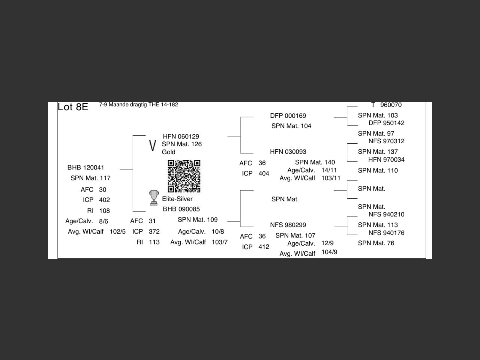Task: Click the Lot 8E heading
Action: [73, 107]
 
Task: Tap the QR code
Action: [184, 176]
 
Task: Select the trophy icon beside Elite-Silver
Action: [154, 198]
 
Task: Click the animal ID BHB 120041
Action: [86, 167]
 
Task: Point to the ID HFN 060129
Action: [181, 136]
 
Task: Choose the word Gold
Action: [169, 152]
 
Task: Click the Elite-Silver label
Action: [177, 199]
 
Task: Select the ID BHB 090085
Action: [181, 209]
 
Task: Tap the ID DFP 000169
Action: [288, 115]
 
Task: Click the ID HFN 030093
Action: [288, 152]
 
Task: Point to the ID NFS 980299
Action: [288, 225]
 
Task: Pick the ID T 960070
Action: [386, 105]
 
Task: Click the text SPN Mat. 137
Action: [378, 152]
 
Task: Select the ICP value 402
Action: [105, 200]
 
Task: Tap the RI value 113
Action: [154, 242]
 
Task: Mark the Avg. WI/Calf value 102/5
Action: [118, 231]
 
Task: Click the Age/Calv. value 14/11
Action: [329, 170]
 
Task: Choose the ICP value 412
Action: [264, 247]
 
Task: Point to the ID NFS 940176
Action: [386, 233]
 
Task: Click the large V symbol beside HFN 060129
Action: [153, 145]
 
